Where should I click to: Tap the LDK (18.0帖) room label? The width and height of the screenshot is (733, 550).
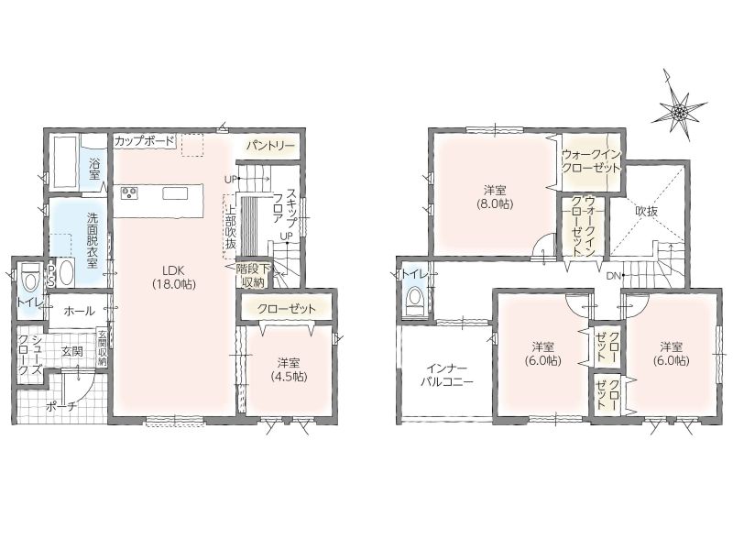(x=173, y=277)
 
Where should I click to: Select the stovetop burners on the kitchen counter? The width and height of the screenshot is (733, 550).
(x=129, y=192)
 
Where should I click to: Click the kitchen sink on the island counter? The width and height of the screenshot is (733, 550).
(x=175, y=192)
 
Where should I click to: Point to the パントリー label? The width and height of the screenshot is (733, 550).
(x=271, y=146)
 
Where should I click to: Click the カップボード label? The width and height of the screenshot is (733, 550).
(x=144, y=141)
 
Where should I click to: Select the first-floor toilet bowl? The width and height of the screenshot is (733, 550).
(x=31, y=280)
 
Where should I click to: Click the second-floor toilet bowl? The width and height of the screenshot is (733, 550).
(x=414, y=301)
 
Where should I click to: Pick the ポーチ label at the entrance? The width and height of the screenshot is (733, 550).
(x=60, y=407)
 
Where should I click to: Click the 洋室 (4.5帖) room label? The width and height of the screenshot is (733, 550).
(x=290, y=369)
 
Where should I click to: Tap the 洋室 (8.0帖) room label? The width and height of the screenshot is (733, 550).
(x=495, y=197)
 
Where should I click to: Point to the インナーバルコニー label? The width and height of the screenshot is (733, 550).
(x=447, y=374)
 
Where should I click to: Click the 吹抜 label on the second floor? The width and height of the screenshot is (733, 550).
(x=646, y=212)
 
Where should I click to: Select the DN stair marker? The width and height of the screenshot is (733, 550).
(x=613, y=276)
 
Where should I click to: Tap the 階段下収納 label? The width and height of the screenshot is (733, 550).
(x=253, y=276)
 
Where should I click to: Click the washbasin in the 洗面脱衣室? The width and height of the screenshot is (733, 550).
(x=64, y=272)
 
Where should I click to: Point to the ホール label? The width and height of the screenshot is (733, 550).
(x=79, y=311)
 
